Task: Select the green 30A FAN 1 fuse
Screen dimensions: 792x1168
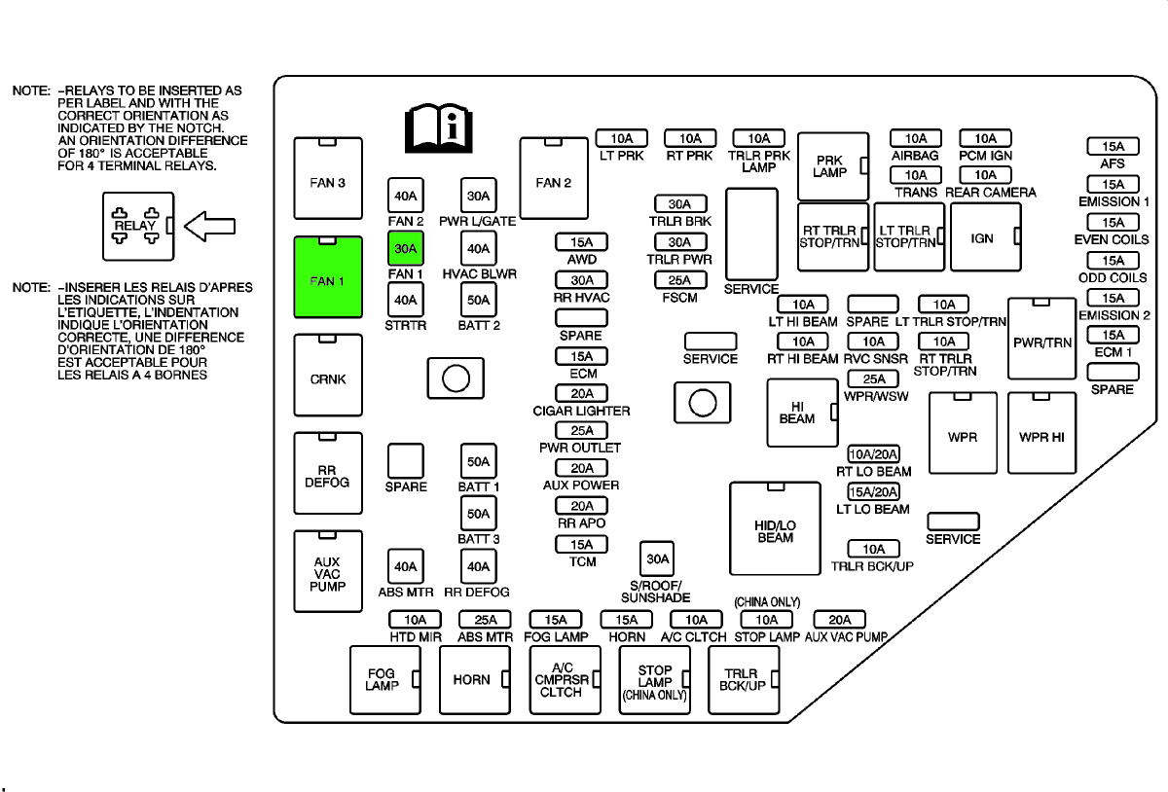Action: (405, 249)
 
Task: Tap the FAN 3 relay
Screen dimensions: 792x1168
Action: (328, 182)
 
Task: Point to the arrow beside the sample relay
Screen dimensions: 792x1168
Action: (209, 226)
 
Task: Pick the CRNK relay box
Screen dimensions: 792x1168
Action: (328, 379)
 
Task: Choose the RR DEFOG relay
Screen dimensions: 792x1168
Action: (328, 474)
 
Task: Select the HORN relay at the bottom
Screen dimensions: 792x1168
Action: (474, 679)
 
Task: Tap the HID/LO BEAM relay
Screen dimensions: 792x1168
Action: (776, 529)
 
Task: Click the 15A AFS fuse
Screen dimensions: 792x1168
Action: (1113, 147)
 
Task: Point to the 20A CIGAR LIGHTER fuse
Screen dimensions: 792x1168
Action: (581, 393)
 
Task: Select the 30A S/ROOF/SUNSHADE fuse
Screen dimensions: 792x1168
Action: (658, 558)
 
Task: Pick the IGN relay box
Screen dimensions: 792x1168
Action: (985, 237)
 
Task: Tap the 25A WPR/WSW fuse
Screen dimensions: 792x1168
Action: (873, 379)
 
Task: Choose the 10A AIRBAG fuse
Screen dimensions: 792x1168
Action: (915, 139)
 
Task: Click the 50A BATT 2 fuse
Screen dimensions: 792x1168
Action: (478, 301)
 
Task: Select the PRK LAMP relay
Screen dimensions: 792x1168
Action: (832, 166)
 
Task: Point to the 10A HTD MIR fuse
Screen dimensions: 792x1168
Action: (416, 620)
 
